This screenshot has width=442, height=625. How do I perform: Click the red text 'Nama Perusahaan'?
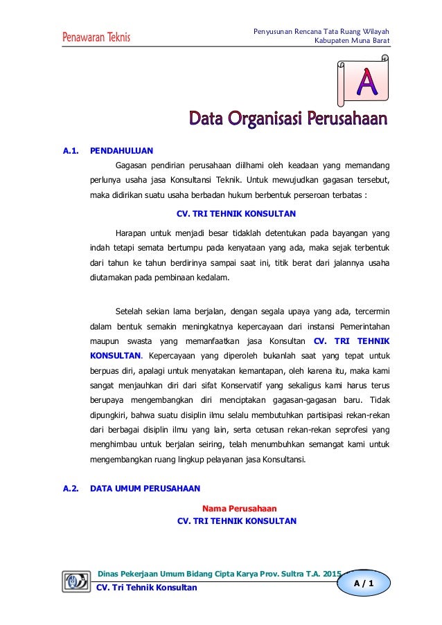click(x=238, y=509)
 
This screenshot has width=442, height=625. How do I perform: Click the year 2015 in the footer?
click(x=332, y=574)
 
